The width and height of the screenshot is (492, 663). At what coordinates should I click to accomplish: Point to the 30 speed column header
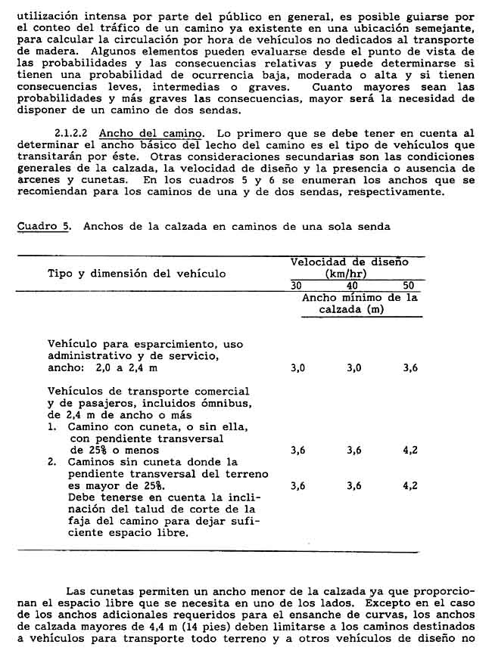point(297,286)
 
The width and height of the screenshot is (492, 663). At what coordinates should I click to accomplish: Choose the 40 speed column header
point(352,286)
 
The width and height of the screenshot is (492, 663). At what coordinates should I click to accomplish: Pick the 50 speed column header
point(409,286)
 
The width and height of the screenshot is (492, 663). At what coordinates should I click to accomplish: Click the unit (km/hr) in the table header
point(349,274)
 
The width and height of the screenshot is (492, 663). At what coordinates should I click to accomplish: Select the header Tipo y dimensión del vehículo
point(136,273)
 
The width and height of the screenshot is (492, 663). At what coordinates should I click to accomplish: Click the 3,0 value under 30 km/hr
point(298,368)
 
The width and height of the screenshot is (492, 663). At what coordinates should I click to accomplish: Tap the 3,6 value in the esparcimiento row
point(410,368)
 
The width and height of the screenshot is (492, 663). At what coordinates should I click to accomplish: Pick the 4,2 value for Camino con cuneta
point(410,450)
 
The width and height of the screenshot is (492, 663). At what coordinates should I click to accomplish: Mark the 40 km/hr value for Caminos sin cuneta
point(353,486)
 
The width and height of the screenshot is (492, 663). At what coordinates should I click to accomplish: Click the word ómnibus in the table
point(232,403)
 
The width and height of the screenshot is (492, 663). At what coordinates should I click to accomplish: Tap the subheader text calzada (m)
point(351,310)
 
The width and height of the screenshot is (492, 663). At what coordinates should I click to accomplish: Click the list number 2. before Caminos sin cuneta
point(52,462)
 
